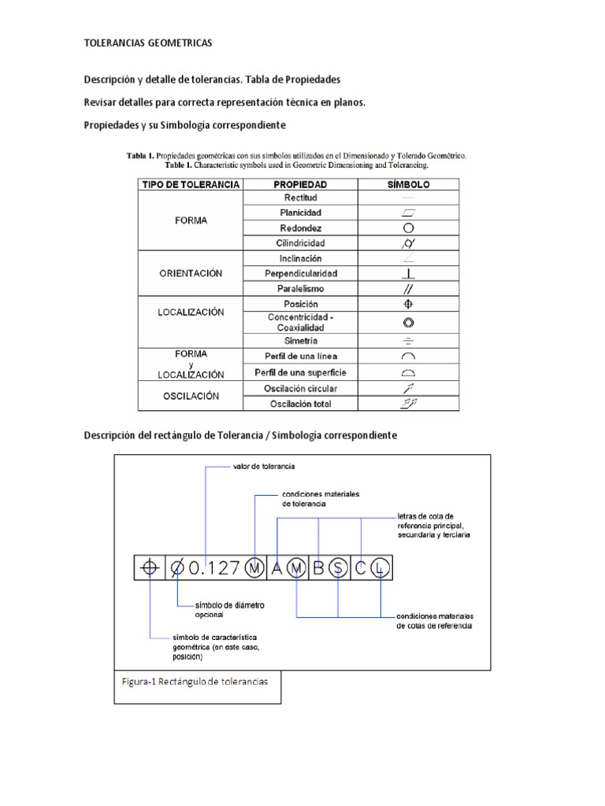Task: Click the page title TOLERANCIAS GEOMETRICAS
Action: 147,43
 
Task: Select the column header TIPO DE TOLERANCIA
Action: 190,184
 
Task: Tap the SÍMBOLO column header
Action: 408,184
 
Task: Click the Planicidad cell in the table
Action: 300,213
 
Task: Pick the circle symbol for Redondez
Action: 408,228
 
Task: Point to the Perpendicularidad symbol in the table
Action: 408,274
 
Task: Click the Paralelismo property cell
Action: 300,289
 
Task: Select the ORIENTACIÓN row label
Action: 190,273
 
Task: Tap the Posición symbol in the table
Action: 408,304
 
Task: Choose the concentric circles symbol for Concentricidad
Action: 408,323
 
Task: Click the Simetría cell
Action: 300,341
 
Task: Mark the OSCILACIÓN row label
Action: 190,396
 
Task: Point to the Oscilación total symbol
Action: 408,404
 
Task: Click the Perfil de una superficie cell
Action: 300,372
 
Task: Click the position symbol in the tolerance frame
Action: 149,568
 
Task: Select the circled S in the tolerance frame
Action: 338,568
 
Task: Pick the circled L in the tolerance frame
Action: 380,568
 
